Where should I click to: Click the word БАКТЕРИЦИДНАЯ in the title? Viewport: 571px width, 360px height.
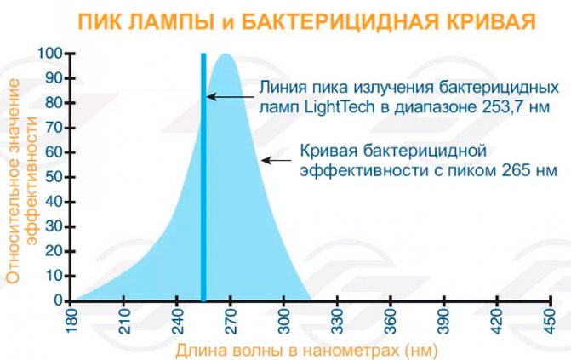click(x=340, y=23)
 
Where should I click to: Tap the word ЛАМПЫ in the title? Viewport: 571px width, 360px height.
click(x=170, y=23)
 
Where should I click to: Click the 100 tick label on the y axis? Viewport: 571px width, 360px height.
click(x=50, y=54)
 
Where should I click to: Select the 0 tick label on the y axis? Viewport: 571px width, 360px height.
click(x=59, y=301)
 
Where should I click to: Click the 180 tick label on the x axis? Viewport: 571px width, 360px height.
click(x=71, y=321)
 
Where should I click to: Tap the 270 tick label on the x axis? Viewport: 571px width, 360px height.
click(x=231, y=321)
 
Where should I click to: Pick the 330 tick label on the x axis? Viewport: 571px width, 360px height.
click(x=338, y=321)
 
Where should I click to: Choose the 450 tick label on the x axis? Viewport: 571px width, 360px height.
click(x=551, y=321)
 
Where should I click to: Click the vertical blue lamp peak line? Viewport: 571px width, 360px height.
click(x=203, y=178)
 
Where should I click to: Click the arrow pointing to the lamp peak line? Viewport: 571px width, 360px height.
click(x=231, y=97)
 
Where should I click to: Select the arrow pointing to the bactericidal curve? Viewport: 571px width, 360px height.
click(x=277, y=160)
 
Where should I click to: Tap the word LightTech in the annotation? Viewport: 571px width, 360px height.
click(x=339, y=107)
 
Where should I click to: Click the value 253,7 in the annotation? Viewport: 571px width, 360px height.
click(x=503, y=107)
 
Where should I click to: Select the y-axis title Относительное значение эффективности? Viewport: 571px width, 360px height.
click(x=21, y=181)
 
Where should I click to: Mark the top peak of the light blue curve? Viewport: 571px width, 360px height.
click(x=226, y=54)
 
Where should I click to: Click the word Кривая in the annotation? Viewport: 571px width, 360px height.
click(x=328, y=151)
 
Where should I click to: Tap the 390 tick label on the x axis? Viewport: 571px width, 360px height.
click(x=444, y=321)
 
